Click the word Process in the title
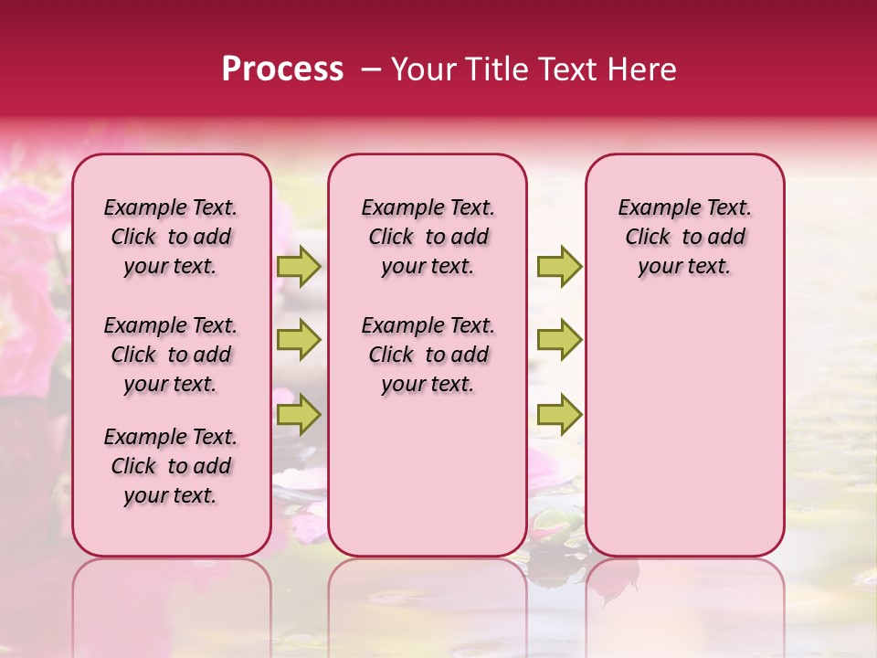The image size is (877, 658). (282, 69)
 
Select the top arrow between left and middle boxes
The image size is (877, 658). (299, 267)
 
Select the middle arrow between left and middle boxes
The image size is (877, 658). (299, 340)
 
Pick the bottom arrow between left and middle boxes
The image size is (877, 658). (299, 414)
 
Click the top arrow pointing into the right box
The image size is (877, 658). (559, 267)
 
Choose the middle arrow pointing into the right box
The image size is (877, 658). (559, 340)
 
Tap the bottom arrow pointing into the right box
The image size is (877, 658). (559, 414)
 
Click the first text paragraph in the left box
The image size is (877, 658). (171, 237)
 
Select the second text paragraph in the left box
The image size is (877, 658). (171, 355)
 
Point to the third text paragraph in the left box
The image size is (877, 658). (171, 466)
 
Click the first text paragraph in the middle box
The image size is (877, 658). (428, 237)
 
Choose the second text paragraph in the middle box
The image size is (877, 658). (428, 355)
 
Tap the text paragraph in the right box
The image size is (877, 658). (685, 237)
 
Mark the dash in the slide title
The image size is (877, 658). (371, 69)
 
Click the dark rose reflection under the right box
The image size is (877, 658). (616, 585)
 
